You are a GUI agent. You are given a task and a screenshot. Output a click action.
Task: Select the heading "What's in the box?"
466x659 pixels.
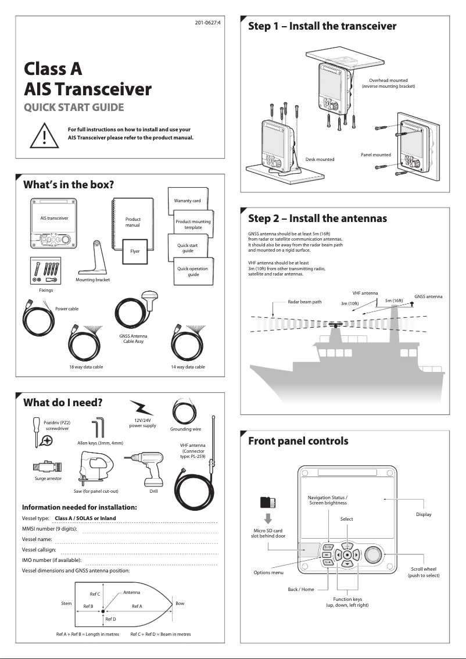coord(68,185)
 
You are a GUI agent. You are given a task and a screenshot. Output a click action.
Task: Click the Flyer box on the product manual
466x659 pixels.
coord(134,252)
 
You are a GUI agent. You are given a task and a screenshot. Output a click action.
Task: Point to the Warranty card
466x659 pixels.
coord(187,200)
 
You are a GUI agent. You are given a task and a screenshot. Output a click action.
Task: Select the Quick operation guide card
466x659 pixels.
coord(193,271)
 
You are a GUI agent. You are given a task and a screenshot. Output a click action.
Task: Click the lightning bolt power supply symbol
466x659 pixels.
coord(141,407)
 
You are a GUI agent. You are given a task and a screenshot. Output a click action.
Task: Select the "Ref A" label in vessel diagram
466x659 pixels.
coord(137,606)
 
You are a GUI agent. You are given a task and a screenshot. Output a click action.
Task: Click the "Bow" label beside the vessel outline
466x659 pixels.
coord(180,603)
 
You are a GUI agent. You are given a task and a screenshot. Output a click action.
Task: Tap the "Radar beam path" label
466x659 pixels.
coord(304,302)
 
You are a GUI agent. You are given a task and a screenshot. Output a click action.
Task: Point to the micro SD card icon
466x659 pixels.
coord(268,502)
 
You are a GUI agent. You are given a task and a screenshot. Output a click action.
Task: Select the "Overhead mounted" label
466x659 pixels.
coord(388,80)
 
